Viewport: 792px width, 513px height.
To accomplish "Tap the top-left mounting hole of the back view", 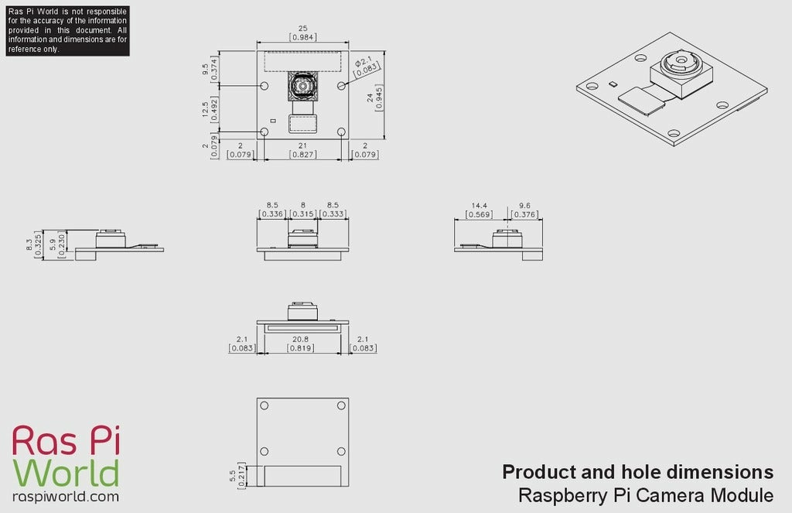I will [265, 405].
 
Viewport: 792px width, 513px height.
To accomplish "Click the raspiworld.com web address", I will [66, 497].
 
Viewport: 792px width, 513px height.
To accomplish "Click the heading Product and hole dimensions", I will [637, 471].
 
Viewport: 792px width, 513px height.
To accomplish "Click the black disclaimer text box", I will [67, 30].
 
